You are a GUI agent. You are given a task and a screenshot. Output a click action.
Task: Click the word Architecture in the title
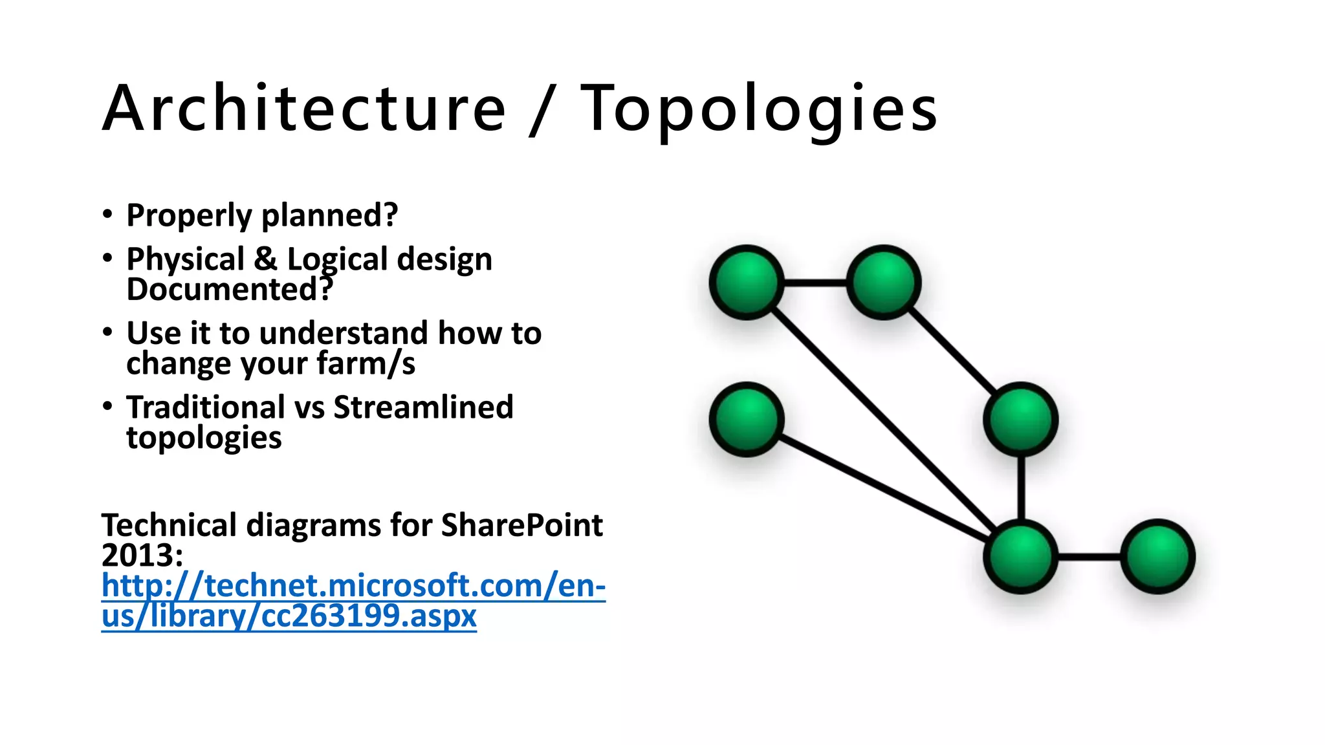click(x=304, y=109)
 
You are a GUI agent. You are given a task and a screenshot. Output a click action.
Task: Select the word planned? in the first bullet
click(x=329, y=215)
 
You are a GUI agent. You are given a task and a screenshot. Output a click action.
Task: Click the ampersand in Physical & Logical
click(x=265, y=259)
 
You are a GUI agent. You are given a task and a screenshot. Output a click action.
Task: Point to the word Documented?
click(x=230, y=289)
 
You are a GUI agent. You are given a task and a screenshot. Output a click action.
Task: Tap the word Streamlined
click(x=423, y=407)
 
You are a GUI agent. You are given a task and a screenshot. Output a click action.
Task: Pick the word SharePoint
click(x=521, y=525)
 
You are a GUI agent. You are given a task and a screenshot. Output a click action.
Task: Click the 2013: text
click(x=142, y=555)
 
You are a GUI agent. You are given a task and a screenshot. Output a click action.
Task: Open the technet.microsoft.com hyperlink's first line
click(x=353, y=585)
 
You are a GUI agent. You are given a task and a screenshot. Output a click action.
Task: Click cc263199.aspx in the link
click(x=369, y=616)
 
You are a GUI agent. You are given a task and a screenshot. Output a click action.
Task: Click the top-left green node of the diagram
click(x=747, y=283)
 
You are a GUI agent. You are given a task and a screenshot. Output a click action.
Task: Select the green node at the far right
click(x=1157, y=556)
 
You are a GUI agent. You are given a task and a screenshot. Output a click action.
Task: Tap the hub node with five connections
click(x=1020, y=556)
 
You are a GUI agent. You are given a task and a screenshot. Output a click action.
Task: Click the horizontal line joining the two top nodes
click(x=815, y=283)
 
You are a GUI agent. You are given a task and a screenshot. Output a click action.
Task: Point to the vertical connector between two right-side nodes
click(x=1021, y=488)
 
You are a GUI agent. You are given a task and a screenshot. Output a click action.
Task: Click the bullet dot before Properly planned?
click(x=107, y=215)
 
